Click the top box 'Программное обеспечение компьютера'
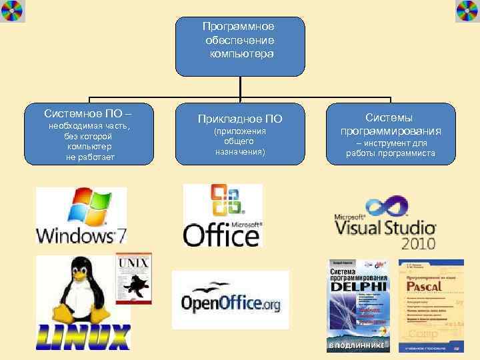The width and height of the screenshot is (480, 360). point(239,45)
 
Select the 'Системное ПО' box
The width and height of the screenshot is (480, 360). point(89,133)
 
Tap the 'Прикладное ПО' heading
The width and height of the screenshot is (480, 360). point(239,119)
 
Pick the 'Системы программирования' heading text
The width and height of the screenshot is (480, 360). point(390,124)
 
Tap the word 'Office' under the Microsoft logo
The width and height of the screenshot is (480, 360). point(222,234)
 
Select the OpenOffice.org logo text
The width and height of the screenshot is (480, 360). point(231,303)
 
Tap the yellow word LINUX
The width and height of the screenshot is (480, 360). point(83,337)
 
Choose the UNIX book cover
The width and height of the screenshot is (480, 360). point(133,279)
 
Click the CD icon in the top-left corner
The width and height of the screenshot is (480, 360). point(12,11)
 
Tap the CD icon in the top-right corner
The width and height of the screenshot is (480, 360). point(467,11)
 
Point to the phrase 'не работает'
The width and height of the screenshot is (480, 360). point(89,157)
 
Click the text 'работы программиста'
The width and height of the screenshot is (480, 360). point(390,153)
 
